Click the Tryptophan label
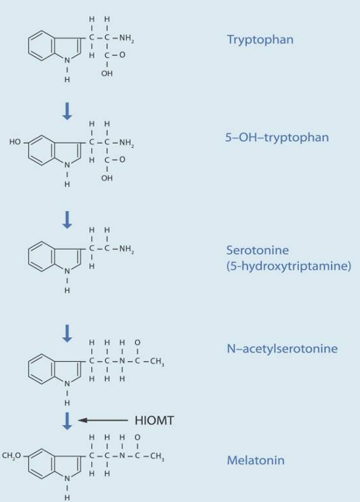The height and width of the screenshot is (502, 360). (x=260, y=40)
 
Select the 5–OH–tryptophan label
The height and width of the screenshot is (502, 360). (x=277, y=138)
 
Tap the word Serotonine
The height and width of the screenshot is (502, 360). (x=258, y=250)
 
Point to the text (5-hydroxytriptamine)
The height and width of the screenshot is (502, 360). (x=289, y=266)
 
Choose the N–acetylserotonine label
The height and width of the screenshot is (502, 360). (x=282, y=348)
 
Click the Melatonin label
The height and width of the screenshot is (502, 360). (x=255, y=460)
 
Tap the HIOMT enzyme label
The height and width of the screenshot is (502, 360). (x=155, y=420)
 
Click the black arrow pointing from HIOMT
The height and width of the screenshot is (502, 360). (x=103, y=420)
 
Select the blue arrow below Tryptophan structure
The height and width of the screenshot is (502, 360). (x=67, y=111)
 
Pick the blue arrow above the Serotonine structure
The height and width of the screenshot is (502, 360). (x=67, y=220)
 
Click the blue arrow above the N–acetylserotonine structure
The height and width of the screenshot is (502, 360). (x=67, y=333)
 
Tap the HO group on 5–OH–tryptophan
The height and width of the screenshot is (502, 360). (x=15, y=141)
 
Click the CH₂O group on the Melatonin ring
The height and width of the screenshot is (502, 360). (x=11, y=456)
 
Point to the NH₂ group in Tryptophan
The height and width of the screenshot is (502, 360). (x=126, y=38)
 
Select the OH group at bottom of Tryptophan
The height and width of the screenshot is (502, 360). (x=107, y=73)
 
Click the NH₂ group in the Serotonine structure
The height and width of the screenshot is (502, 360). (x=126, y=248)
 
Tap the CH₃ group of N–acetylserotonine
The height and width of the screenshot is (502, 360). (x=157, y=361)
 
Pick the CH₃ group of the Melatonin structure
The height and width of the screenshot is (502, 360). (x=157, y=456)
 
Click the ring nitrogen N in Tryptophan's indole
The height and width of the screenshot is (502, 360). (x=67, y=60)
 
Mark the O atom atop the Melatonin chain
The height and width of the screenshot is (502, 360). (x=137, y=437)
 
